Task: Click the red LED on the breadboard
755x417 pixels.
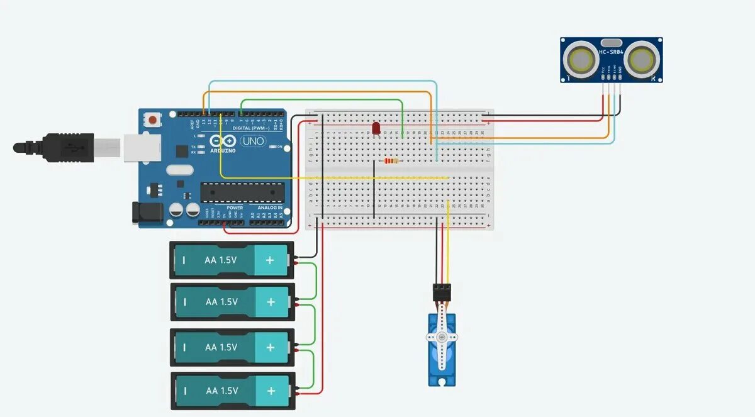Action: coord(376,128)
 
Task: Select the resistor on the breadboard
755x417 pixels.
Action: coord(391,161)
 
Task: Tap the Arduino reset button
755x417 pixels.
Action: coord(153,119)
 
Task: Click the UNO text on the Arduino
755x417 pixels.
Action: coord(253,142)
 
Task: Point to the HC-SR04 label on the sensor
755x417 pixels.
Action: coord(610,52)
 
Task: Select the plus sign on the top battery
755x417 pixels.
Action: coord(270,260)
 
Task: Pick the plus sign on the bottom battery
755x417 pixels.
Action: coord(271,391)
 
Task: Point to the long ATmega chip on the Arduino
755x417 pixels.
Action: coord(242,192)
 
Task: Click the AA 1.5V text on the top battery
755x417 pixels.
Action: coord(221,260)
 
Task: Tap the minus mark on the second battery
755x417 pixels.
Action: coord(185,302)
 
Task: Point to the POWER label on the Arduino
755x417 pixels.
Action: coord(235,208)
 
